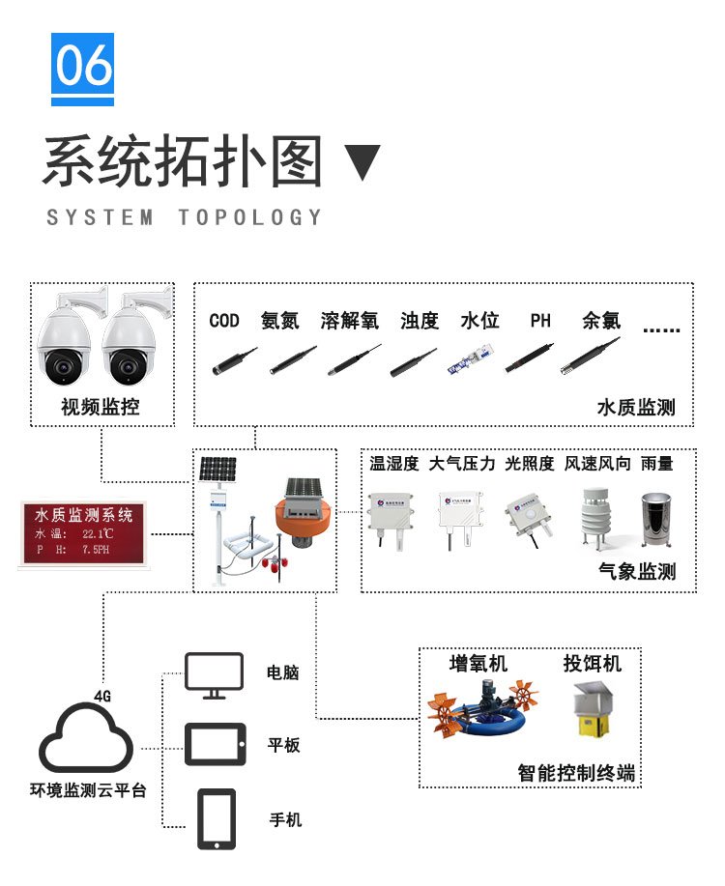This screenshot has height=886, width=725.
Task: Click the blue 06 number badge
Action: pyautogui.click(x=82, y=68)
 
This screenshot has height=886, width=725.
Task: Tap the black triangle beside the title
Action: pyautogui.click(x=363, y=162)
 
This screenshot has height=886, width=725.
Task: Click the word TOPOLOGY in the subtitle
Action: pyautogui.click(x=250, y=217)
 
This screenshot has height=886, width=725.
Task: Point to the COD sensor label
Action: pyautogui.click(x=224, y=321)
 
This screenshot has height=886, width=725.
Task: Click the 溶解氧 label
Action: pyautogui.click(x=350, y=321)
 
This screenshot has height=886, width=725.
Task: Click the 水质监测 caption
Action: pyautogui.click(x=636, y=408)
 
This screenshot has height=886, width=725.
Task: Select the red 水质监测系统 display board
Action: pyautogui.click(x=83, y=533)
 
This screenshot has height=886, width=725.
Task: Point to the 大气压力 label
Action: pyautogui.click(x=462, y=465)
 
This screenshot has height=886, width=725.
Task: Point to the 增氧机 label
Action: pyautogui.click(x=478, y=664)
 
